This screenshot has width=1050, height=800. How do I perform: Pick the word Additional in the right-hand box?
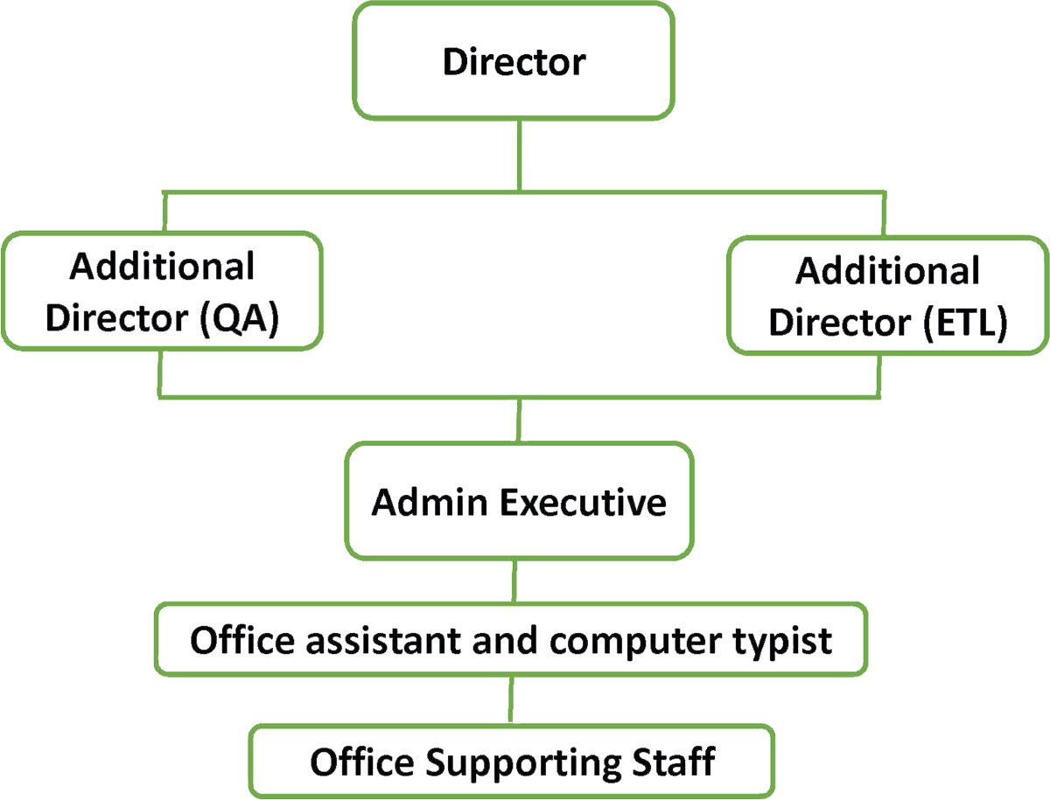point(888,274)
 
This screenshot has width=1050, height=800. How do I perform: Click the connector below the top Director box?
point(521,153)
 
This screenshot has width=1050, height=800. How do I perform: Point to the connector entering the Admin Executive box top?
point(521,420)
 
